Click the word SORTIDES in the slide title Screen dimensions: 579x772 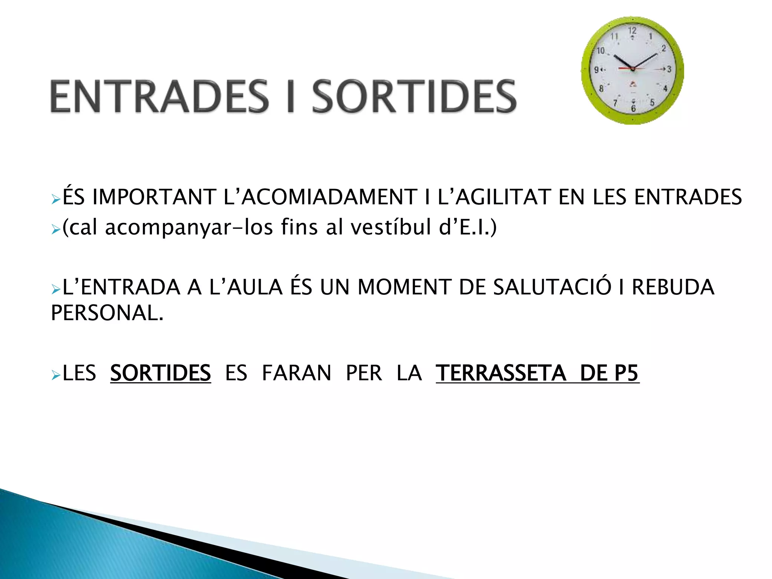[414, 96]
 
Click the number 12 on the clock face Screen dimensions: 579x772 [632, 31]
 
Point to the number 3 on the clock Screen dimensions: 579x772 [669, 69]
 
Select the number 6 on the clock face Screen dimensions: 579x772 [633, 109]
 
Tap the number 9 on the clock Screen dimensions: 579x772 [597, 70]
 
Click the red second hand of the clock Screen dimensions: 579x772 [626, 69]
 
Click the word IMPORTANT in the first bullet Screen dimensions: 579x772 [154, 197]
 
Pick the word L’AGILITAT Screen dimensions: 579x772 [494, 197]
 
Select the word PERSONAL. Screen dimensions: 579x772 [107, 313]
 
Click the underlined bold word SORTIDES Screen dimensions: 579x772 [160, 373]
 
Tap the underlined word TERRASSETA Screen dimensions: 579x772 [501, 373]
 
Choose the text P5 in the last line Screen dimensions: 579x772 [626, 373]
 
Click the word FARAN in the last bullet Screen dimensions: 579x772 [296, 373]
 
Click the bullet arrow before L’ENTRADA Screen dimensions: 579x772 [56, 289]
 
